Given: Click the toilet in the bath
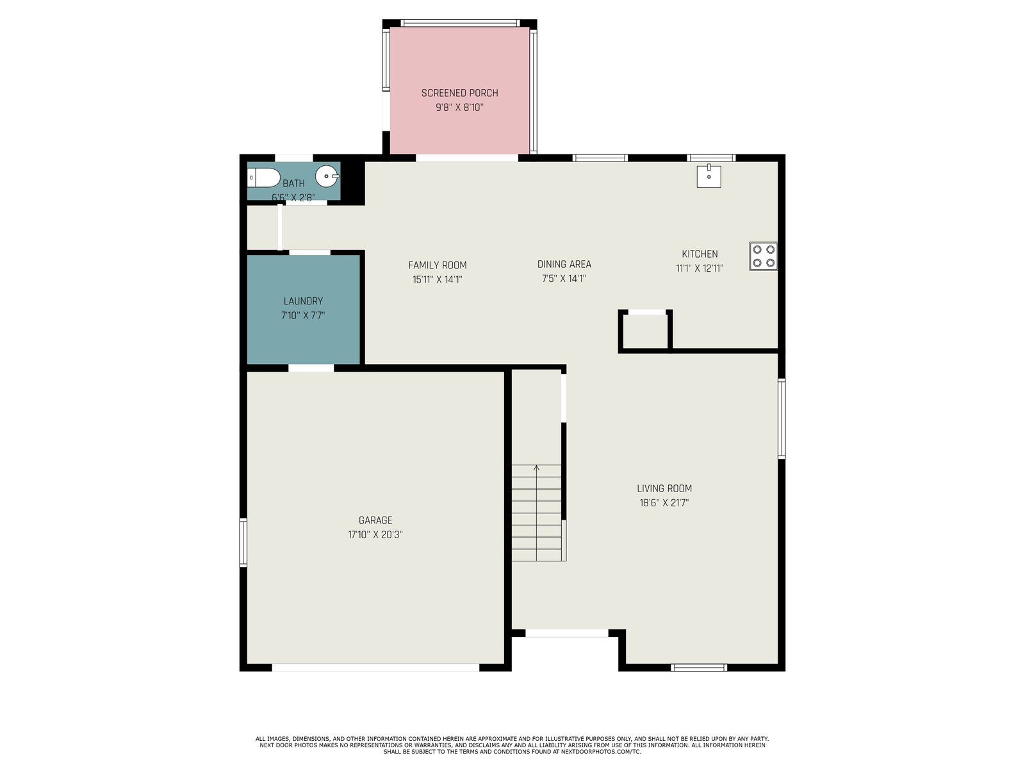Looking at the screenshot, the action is point(263,178).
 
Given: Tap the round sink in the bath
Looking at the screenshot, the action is point(327,176).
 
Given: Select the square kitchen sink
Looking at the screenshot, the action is point(709,176).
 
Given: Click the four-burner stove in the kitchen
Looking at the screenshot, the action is point(763,256).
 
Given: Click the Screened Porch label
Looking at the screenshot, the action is point(459,93).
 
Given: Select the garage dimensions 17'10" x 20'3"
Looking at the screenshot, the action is point(375,534).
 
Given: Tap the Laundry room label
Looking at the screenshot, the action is point(303,301).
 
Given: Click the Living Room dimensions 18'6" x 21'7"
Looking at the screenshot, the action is point(664,503).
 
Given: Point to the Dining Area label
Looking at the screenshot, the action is point(564,264).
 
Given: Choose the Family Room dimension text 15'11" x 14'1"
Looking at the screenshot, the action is point(437,279).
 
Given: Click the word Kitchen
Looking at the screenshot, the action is point(700,254).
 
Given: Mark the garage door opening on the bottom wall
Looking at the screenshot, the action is point(375,667).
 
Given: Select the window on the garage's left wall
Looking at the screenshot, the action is point(243,542).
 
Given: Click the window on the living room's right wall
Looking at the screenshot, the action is point(781,419).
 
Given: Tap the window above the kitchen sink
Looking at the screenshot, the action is point(710,158).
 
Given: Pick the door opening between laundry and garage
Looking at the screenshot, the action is point(311,368).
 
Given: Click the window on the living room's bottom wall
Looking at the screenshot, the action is point(698,667).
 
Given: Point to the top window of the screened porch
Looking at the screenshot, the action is point(460,23).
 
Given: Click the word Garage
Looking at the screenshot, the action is point(375,520).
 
